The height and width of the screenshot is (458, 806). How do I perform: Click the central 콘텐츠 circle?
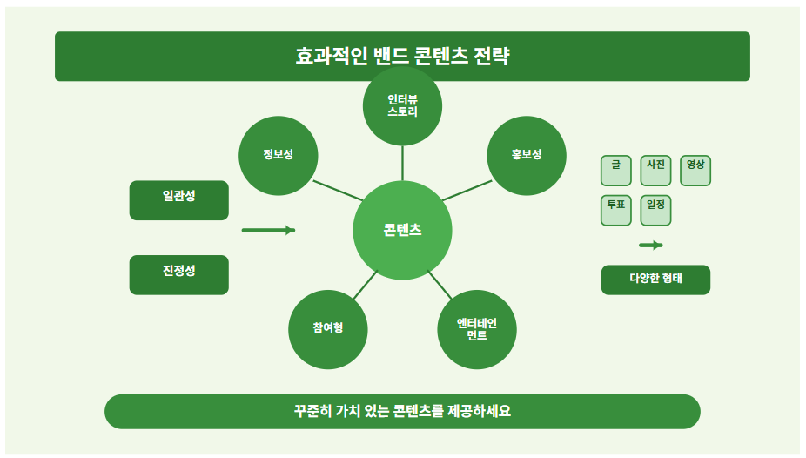402,231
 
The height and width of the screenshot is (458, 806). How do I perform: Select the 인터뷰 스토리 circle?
402,106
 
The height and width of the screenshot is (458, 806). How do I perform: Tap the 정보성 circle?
278,155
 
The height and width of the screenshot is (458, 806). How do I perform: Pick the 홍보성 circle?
527,155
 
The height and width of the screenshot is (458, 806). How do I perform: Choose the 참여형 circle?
327,328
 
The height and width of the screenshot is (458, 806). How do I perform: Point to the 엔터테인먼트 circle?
477,329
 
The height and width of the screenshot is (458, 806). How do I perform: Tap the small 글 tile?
616,170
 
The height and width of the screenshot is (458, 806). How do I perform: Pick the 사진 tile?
655,170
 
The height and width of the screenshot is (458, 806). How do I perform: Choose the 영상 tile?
695,170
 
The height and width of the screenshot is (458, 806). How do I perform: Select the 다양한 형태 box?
655,280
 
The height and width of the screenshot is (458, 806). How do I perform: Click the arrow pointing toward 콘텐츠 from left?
268,231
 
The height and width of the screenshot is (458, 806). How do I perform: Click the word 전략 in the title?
492,57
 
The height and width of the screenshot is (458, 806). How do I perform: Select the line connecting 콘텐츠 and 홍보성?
467,191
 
